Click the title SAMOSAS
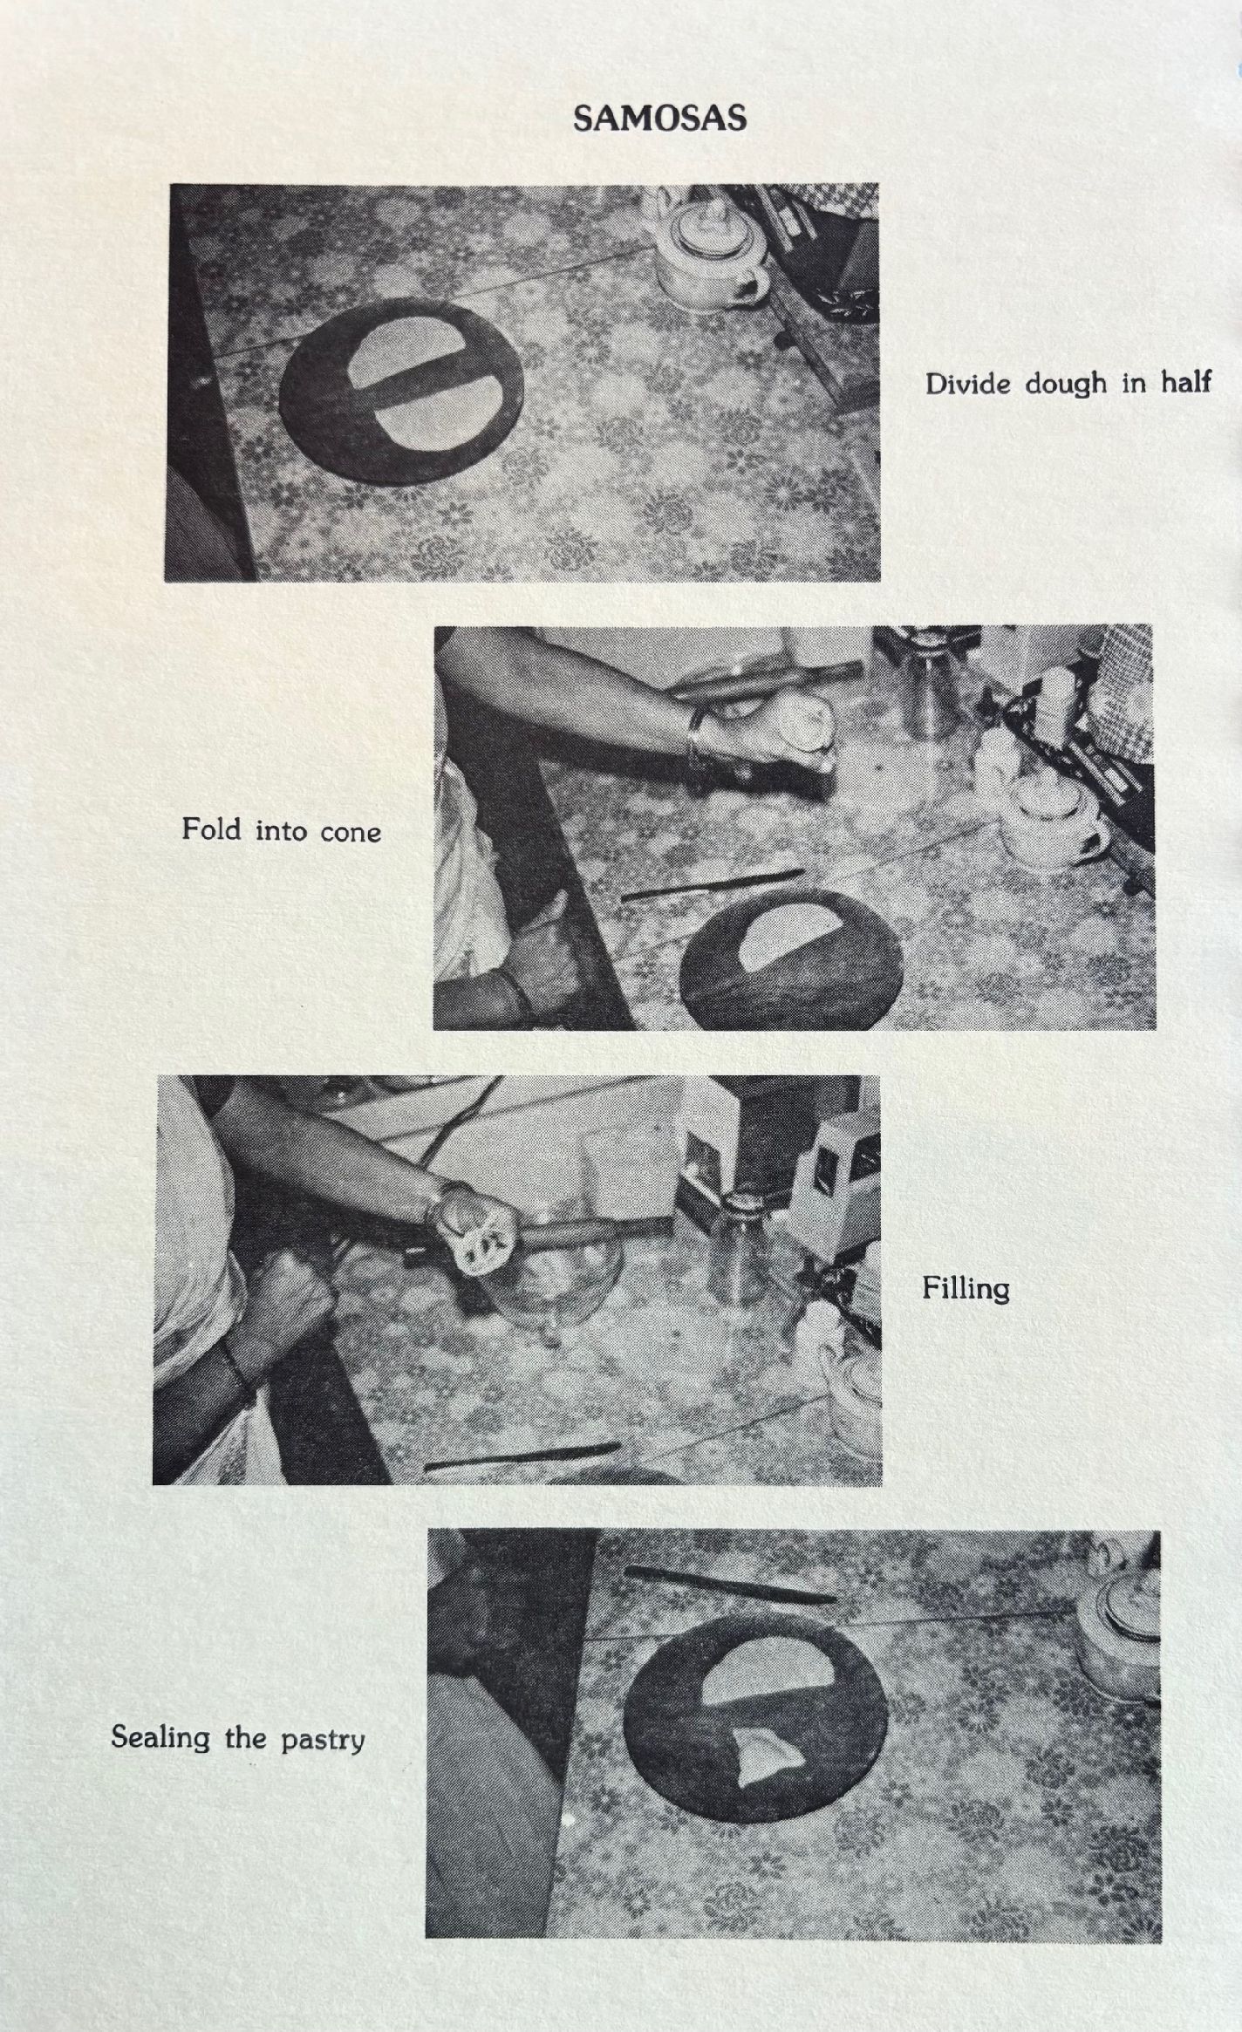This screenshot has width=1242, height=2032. pos(660,118)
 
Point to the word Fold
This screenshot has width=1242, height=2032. pos(211,828)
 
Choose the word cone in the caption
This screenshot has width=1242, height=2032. pos(351,832)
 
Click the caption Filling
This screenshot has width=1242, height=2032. pos(966,1290)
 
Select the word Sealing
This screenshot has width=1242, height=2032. pos(160,1738)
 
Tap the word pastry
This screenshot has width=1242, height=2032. pos(322,1741)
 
